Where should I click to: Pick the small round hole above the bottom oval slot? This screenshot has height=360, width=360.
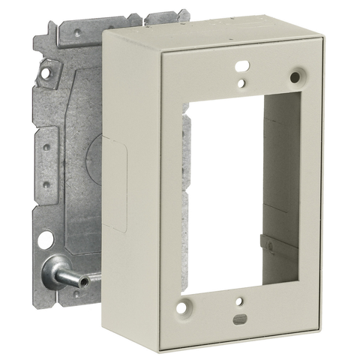pyautogui.click(x=239, y=302)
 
